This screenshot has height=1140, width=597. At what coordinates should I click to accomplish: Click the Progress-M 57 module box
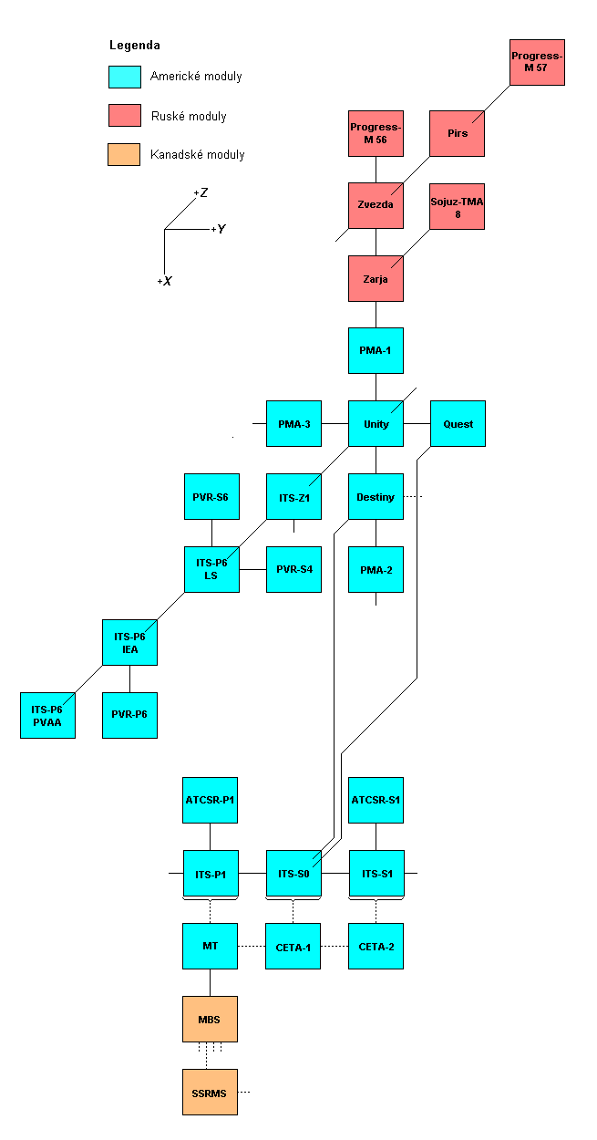537,62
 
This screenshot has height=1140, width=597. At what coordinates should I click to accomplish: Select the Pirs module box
458,133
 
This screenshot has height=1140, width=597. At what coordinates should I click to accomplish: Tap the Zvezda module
376,205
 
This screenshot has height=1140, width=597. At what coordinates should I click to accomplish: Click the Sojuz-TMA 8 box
458,206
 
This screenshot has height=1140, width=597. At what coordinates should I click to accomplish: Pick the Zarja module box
376,278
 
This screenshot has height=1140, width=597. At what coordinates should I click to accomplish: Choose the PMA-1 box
376,351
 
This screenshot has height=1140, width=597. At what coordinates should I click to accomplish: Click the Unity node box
376,424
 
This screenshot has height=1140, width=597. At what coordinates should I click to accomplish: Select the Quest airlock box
458,424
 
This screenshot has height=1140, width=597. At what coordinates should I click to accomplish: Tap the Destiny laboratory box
376,497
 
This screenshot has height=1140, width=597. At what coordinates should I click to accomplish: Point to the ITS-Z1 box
293,497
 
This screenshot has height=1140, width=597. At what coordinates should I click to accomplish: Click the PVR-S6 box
211,497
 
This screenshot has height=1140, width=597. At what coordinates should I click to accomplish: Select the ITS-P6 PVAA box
47,715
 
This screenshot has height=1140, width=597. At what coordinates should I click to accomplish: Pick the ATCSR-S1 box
376,801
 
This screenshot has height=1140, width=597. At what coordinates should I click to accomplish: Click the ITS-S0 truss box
293,874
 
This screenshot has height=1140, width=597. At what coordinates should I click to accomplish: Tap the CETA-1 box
293,947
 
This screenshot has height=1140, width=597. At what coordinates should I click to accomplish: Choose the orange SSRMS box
210,1092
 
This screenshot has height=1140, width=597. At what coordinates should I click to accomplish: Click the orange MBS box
210,1019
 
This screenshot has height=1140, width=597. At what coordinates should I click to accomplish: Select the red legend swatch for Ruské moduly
124,115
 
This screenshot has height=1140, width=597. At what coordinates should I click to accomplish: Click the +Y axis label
219,229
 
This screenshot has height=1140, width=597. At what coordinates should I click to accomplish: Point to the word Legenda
134,45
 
